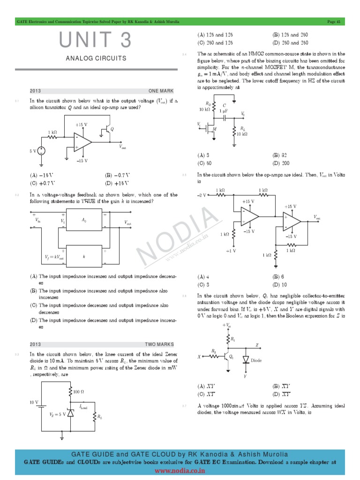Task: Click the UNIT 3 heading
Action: coord(96,41)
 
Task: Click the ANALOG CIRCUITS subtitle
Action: coord(96,59)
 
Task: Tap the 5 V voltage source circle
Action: coord(41,151)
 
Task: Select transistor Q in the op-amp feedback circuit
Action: coord(108,130)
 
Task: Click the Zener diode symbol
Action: coord(70,413)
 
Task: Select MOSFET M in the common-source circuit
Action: coord(211,128)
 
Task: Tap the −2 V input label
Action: coord(202,195)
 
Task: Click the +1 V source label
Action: coord(231,251)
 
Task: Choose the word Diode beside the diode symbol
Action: coord(256,360)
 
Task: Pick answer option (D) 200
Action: coord(281,163)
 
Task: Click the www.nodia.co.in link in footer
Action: coord(180,470)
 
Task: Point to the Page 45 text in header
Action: coord(334,22)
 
